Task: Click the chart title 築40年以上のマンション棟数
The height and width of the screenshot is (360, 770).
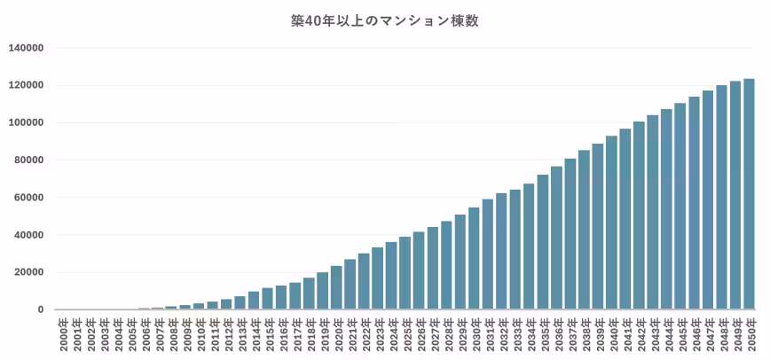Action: click(384, 22)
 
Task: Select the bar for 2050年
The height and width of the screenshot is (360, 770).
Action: click(749, 194)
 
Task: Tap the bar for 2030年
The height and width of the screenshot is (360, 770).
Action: click(474, 258)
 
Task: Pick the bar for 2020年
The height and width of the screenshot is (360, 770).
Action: click(336, 288)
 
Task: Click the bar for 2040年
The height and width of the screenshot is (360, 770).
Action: click(611, 223)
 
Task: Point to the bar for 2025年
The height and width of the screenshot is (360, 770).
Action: click(405, 273)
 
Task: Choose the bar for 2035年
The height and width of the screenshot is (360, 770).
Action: click(543, 242)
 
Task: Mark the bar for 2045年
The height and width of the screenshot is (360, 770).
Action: click(680, 207)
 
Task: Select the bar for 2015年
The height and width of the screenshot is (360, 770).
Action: click(268, 299)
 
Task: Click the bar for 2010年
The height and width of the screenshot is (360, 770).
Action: click(199, 307)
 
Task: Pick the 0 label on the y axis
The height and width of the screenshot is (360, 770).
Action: click(41, 310)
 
